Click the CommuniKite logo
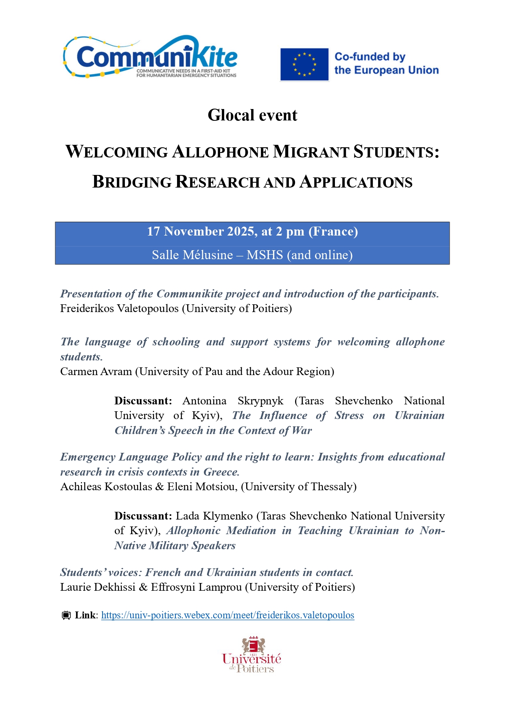151,57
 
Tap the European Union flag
304,65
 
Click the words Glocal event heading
252,115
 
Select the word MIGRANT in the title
311,152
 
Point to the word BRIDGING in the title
132,182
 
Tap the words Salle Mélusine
192,255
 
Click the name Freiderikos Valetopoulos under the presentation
119,308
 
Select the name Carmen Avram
96,371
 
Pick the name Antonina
204,401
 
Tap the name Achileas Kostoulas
106,487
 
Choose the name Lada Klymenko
214,516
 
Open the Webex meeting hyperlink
227,615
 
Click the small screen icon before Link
66,615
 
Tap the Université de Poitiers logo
252,655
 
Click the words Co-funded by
369,57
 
